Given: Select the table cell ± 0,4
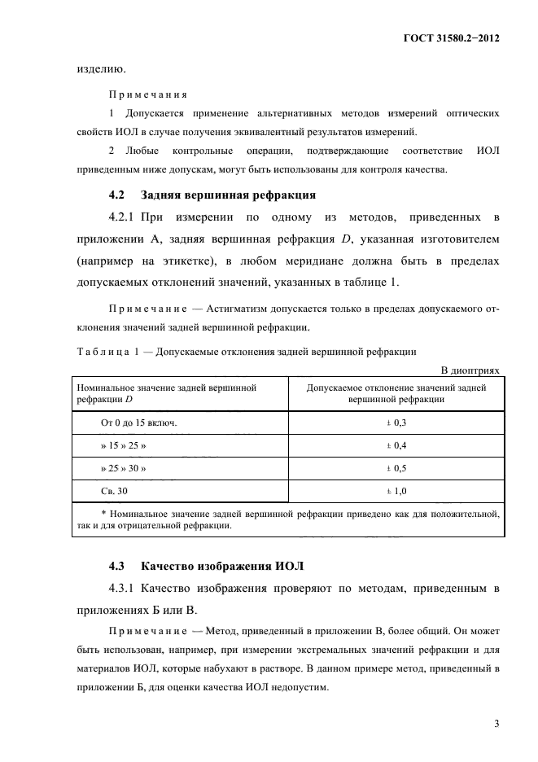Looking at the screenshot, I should [396, 447].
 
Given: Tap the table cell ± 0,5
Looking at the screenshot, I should [396, 470].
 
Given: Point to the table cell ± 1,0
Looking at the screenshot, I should [396, 492].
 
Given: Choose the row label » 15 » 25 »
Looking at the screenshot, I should [124, 447].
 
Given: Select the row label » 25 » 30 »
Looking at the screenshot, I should [124, 470].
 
